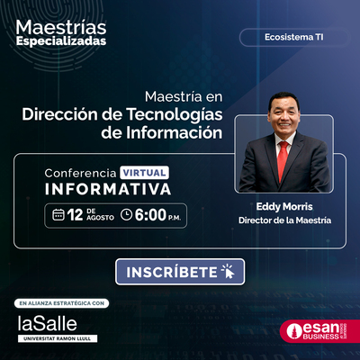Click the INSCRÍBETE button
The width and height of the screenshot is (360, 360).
coord(180,272)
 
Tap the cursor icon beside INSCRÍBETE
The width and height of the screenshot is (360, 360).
coord(228,272)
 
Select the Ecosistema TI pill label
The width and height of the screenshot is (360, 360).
coord(294,37)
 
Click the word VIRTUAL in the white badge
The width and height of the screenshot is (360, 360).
coord(144,173)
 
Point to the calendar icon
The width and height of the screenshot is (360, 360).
coord(58,215)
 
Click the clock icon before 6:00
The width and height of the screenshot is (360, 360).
coord(126,215)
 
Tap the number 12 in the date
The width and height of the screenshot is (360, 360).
coord(75,215)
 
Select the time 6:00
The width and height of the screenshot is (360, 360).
coord(150,215)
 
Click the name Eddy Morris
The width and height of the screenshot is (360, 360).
coord(284,206)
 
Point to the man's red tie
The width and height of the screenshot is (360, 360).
coord(283,160)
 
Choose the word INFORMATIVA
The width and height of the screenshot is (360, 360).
coord(108,189)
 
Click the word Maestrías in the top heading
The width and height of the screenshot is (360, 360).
coord(61,27)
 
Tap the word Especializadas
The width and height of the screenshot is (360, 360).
coord(61,41)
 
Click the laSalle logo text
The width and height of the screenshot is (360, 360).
coord(48,323)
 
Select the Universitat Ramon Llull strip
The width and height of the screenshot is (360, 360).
coord(58,338)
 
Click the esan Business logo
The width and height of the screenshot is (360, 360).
coord(319,331)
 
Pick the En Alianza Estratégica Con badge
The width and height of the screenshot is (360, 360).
coord(61,303)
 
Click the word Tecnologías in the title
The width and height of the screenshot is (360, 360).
coord(175,115)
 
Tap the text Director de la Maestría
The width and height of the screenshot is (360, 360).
coord(285,220)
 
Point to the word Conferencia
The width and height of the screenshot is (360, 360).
coord(80,173)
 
